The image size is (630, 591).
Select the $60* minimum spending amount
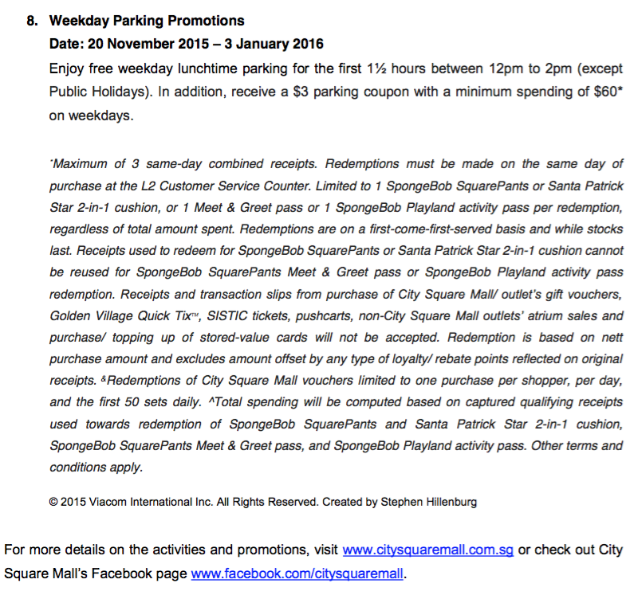click(x=609, y=92)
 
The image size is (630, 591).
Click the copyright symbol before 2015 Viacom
click(x=53, y=503)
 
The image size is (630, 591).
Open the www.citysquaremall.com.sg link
click(x=428, y=550)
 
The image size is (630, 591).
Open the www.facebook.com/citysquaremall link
click(x=298, y=573)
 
